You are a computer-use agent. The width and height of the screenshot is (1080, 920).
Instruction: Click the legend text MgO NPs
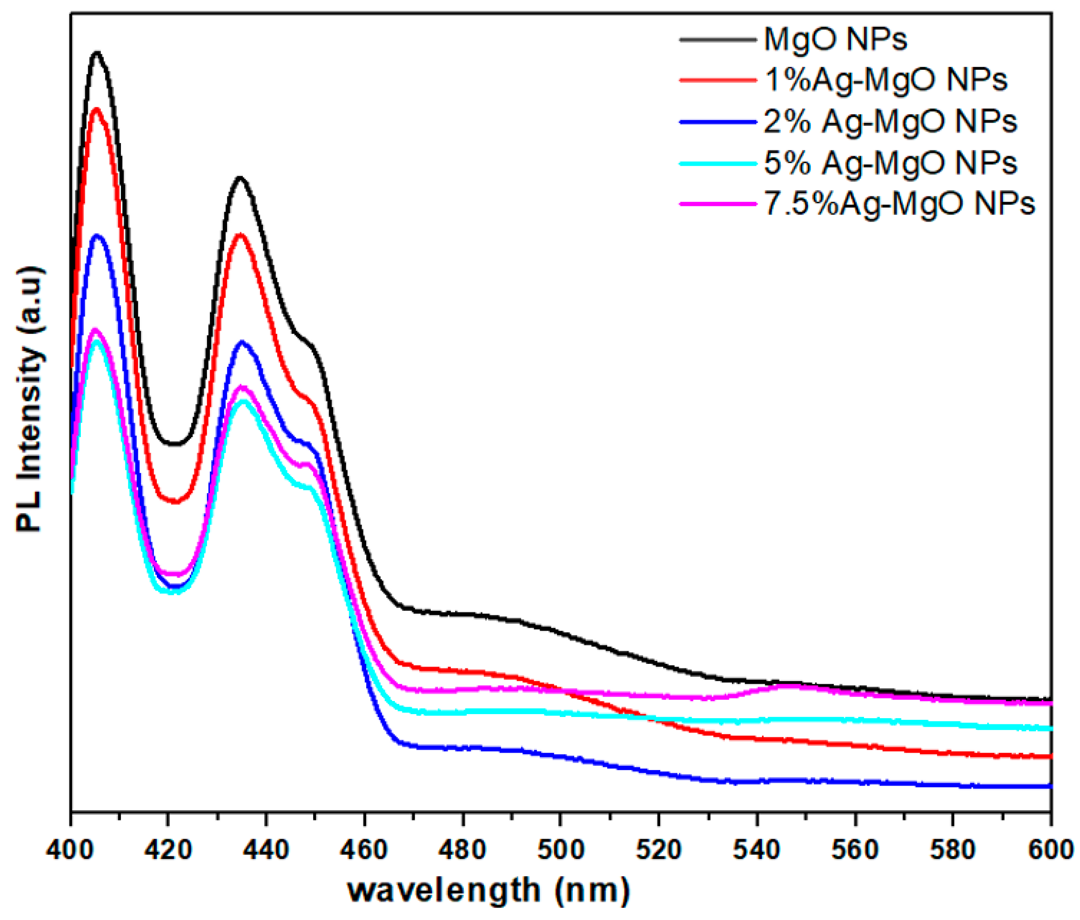click(835, 39)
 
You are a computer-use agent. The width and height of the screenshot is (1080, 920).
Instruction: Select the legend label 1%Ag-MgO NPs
click(886, 80)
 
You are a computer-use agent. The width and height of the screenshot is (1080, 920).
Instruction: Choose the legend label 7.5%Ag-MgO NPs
click(899, 204)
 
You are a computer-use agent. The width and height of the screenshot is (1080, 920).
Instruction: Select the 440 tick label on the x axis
click(266, 850)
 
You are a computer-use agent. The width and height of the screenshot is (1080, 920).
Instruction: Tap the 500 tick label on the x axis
click(560, 850)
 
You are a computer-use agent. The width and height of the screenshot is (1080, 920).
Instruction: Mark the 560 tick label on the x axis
click(855, 850)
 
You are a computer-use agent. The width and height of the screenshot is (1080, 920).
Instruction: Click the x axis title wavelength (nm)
click(488, 890)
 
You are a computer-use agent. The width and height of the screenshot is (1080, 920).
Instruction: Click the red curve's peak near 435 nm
click(240, 234)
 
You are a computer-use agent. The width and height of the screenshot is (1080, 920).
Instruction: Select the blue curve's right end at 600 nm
click(1050, 786)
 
